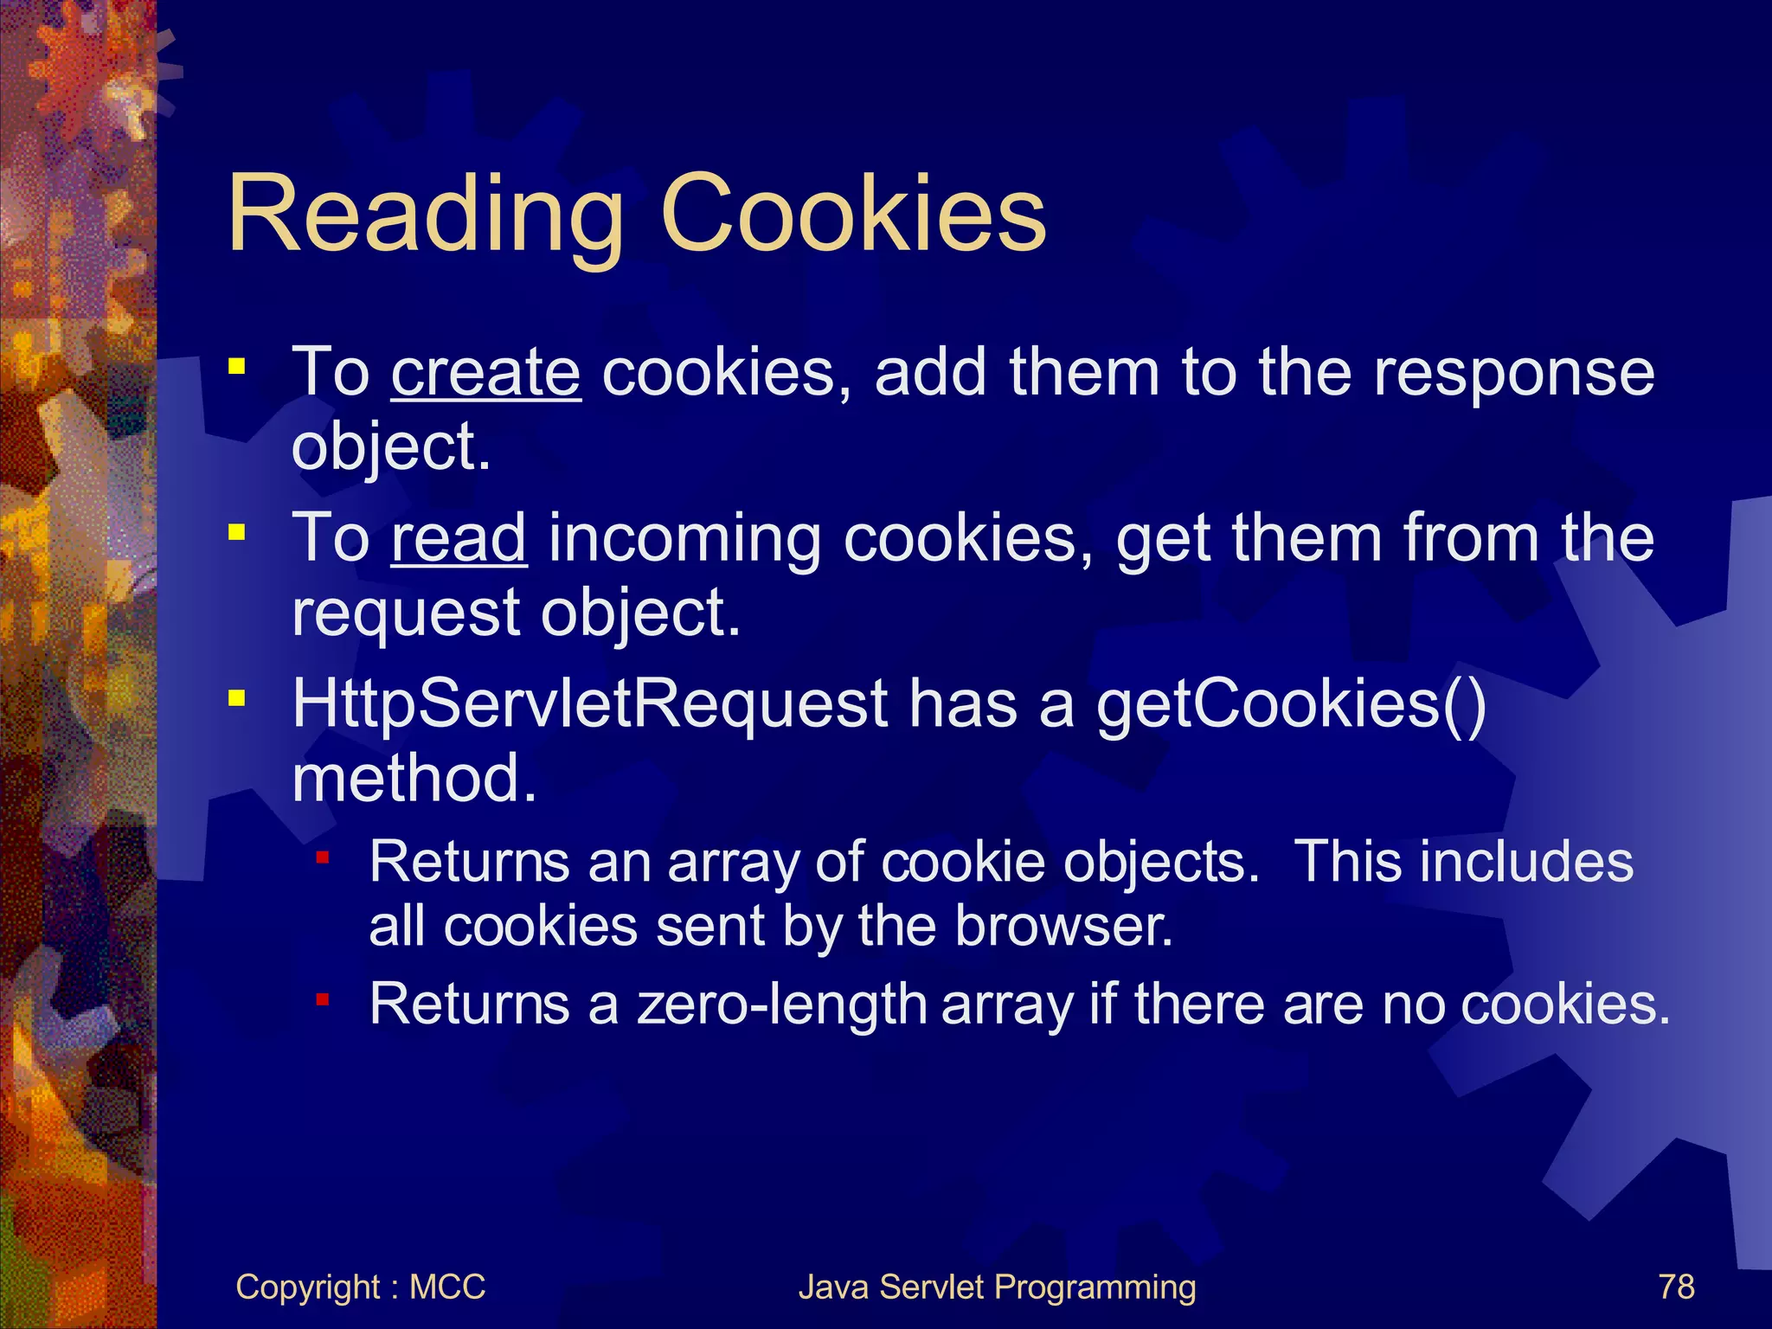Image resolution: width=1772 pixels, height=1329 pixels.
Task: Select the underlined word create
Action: tap(486, 373)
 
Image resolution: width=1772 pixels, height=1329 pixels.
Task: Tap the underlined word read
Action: tap(459, 539)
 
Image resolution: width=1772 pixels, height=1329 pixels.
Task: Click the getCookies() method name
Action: tap(1291, 705)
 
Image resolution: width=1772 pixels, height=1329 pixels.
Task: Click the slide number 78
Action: tap(1676, 1287)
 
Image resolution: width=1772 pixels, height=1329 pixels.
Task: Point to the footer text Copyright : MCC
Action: tap(360, 1287)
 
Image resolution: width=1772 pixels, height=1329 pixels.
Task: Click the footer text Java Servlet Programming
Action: tap(997, 1287)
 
